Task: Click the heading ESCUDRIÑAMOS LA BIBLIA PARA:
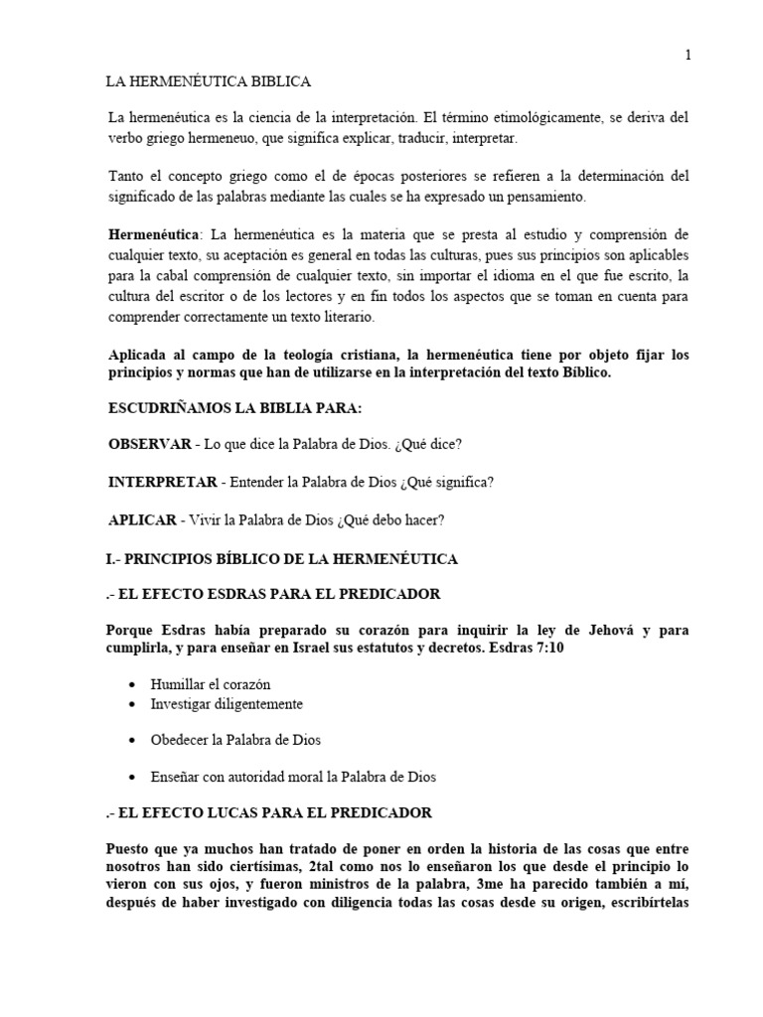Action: click(x=234, y=410)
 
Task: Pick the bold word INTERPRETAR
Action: click(x=163, y=482)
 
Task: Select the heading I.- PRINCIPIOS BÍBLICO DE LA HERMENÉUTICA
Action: click(x=283, y=559)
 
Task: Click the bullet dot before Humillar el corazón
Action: click(x=133, y=685)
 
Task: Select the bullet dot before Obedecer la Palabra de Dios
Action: click(x=133, y=741)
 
